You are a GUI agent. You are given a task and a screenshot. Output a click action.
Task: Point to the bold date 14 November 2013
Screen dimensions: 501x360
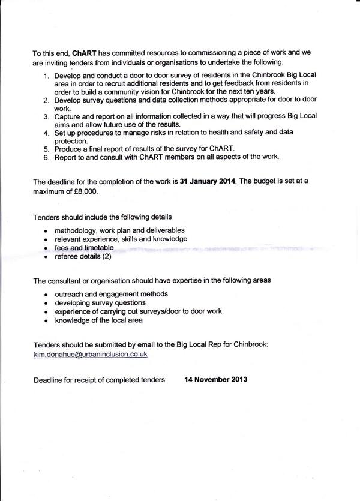[x=216, y=379]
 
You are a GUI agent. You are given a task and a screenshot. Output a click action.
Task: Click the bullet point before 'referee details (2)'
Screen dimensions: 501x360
[x=46, y=257]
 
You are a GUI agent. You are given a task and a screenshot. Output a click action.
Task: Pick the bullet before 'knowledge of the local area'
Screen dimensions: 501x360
[x=46, y=320]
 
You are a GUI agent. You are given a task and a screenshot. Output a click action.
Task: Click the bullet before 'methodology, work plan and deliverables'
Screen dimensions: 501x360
[x=46, y=231]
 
